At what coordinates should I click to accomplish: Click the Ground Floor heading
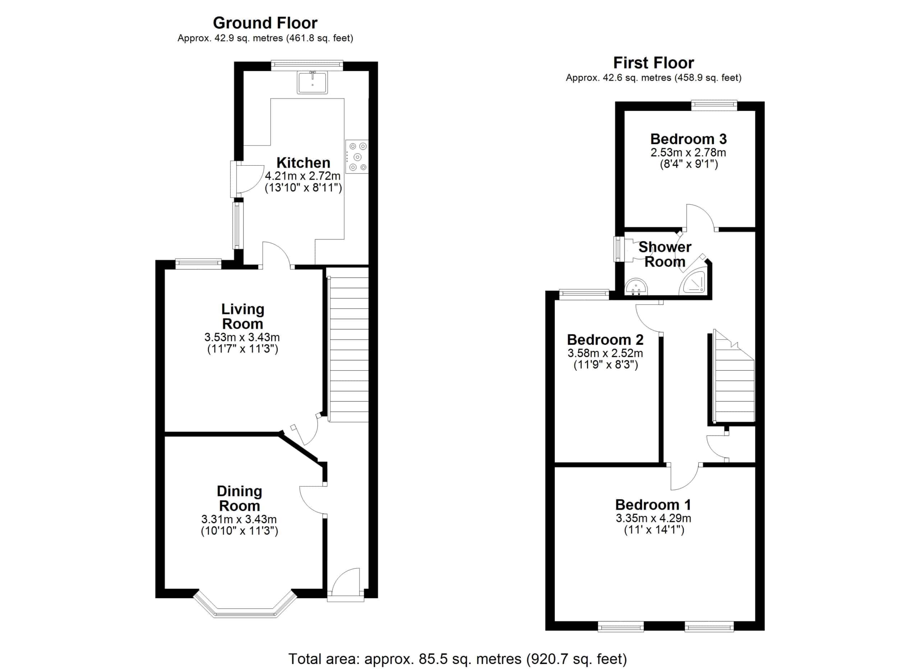265,23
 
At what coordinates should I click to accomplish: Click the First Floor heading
653,63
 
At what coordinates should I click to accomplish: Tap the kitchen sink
312,82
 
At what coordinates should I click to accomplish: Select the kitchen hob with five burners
357,157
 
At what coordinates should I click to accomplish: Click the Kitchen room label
303,163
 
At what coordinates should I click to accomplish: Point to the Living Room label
243,316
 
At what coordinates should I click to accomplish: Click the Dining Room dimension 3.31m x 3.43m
239,519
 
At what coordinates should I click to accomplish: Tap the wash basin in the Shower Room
636,287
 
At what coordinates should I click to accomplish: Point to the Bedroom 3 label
688,139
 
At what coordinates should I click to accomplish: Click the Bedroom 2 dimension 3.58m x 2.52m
605,353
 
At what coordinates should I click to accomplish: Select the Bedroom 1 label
653,505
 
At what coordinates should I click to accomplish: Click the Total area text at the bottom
457,659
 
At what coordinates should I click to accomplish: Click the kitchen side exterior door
248,179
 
